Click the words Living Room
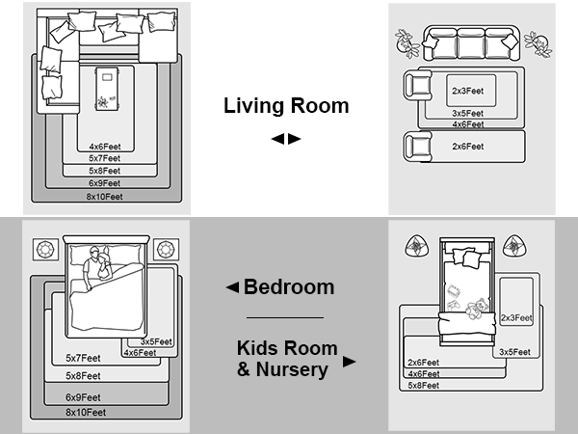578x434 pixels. pyautogui.click(x=286, y=105)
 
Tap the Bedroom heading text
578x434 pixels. pyautogui.click(x=289, y=287)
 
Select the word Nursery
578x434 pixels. pyautogui.click(x=292, y=369)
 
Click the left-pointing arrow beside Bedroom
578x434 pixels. pyautogui.click(x=232, y=287)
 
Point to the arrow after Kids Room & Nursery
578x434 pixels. pyautogui.click(x=349, y=362)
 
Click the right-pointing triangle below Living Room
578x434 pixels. pyautogui.click(x=294, y=139)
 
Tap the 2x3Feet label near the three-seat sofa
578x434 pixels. pyautogui.click(x=468, y=91)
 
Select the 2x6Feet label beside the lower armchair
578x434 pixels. pyautogui.click(x=468, y=147)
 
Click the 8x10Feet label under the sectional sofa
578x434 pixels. pyautogui.click(x=105, y=197)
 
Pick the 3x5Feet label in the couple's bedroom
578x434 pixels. pyautogui.click(x=156, y=341)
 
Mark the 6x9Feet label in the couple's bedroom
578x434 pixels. pyautogui.click(x=83, y=397)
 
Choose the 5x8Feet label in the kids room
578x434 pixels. pyautogui.click(x=424, y=386)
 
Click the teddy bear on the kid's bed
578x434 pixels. pyautogui.click(x=477, y=309)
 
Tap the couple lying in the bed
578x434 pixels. pyautogui.click(x=97, y=267)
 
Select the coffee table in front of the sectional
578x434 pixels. pyautogui.click(x=107, y=89)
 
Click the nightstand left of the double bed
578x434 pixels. pyautogui.click(x=45, y=250)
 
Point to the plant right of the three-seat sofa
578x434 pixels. pyautogui.click(x=539, y=44)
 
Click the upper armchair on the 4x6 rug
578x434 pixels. pyautogui.click(x=418, y=85)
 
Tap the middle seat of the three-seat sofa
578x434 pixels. pyautogui.click(x=471, y=43)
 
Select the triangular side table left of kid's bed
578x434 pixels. pyautogui.click(x=417, y=246)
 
